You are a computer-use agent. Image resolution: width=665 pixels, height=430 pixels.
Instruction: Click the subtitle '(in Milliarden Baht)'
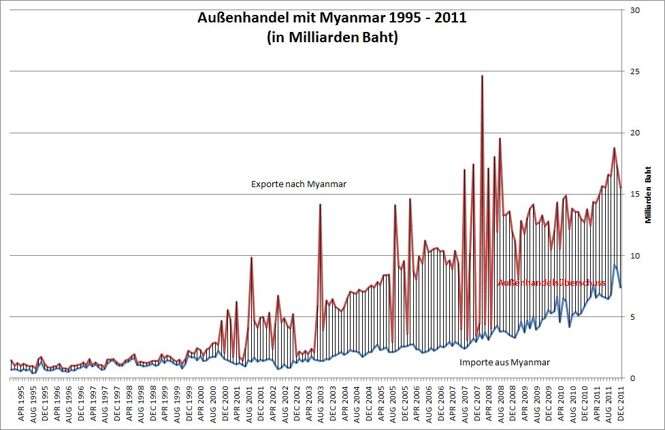coord(331,37)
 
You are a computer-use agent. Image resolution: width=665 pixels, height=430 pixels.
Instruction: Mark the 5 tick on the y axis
coord(636,316)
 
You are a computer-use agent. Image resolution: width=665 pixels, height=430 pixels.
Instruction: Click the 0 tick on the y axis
coord(636,378)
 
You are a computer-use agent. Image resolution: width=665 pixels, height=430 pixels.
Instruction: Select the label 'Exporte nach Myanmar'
coord(299,184)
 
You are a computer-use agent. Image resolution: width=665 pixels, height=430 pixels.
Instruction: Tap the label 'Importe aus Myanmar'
coord(504,362)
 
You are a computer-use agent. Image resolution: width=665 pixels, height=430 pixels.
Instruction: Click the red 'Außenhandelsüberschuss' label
coord(551,282)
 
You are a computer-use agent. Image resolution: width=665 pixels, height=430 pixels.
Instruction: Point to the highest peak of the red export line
coord(482,76)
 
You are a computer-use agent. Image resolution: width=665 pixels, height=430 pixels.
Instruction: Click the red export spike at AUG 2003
coord(320,205)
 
